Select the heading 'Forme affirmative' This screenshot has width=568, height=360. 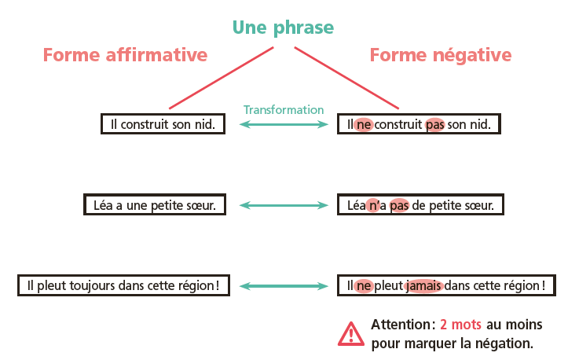coord(125,55)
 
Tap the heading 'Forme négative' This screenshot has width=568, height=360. coord(440,55)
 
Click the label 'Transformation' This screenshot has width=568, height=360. coord(284,110)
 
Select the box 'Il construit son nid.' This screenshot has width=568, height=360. coord(163,124)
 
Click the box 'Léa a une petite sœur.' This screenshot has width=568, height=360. coord(155,205)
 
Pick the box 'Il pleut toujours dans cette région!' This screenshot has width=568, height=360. coord(123,285)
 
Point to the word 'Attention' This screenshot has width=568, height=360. coord(401,325)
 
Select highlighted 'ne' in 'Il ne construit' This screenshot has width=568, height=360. coord(364,124)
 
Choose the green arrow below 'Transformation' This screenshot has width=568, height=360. coord(284,124)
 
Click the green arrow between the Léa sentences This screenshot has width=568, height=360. coord(284,205)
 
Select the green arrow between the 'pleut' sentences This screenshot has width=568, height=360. coord(284,285)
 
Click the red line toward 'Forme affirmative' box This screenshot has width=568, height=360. coord(220,79)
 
